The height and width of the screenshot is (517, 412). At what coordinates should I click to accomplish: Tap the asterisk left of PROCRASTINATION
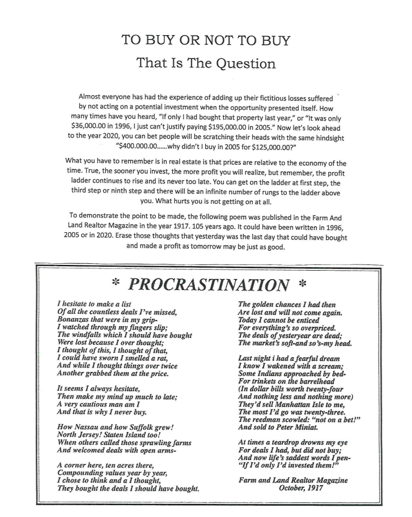[x=115, y=284]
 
